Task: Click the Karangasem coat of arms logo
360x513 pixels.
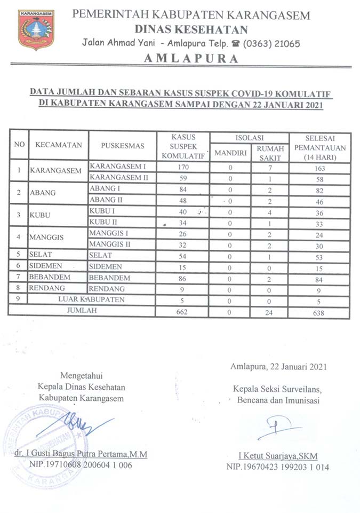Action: pyautogui.click(x=36, y=30)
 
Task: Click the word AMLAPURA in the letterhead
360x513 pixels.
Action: pyautogui.click(x=191, y=59)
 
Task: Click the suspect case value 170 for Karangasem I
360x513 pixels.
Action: pyautogui.click(x=183, y=167)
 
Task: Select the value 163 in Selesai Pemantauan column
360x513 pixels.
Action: pyautogui.click(x=319, y=168)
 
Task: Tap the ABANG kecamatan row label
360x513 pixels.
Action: pyautogui.click(x=43, y=193)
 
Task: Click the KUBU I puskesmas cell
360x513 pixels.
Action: pyautogui.click(x=103, y=211)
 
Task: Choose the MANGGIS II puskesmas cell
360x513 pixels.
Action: pyautogui.click(x=110, y=244)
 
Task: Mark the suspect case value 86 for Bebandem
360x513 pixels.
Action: pyautogui.click(x=183, y=278)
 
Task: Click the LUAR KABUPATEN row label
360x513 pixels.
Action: pyautogui.click(x=91, y=299)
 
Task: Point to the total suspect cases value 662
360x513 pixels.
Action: pyautogui.click(x=183, y=312)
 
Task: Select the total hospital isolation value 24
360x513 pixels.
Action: pyautogui.click(x=270, y=312)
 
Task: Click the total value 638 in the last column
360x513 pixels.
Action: pyautogui.click(x=319, y=312)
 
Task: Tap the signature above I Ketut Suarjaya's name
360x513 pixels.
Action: pyautogui.click(x=277, y=428)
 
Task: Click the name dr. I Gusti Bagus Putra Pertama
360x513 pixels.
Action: pyautogui.click(x=80, y=454)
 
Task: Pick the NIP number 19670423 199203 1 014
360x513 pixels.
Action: pyautogui.click(x=277, y=467)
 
